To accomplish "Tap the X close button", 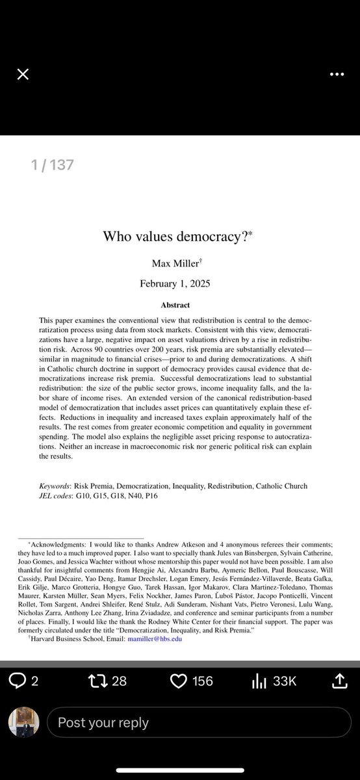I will tap(23, 74).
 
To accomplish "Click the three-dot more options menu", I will tap(337, 74).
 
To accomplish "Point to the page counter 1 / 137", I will tap(53, 165).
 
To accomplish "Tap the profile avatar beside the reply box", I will tap(23, 721).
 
